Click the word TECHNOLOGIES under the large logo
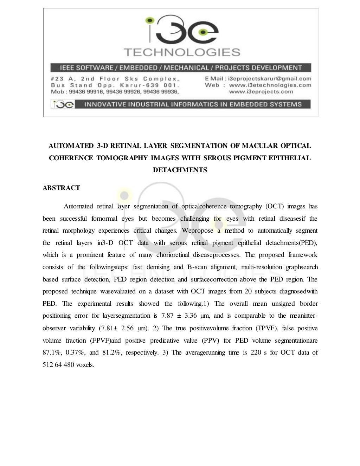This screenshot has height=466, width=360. click(x=182, y=52)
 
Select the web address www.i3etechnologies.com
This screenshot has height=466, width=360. click(x=270, y=85)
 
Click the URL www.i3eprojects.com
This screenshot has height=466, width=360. click(x=261, y=92)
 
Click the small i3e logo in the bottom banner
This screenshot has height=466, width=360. click(x=63, y=104)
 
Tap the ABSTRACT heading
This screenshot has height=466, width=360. click(x=61, y=188)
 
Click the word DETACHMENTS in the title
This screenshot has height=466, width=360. click(x=180, y=170)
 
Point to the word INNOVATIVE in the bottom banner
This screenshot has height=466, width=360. click(x=104, y=104)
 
